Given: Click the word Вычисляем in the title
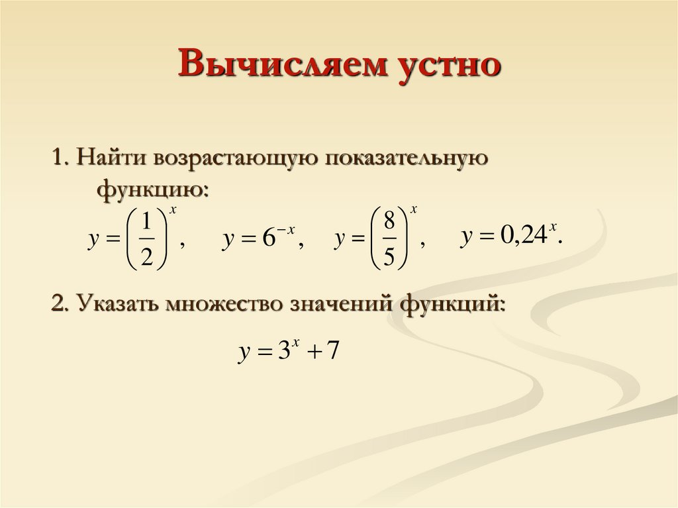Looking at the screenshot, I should point(264,66).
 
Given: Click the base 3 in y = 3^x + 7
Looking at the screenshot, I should point(284,352).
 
